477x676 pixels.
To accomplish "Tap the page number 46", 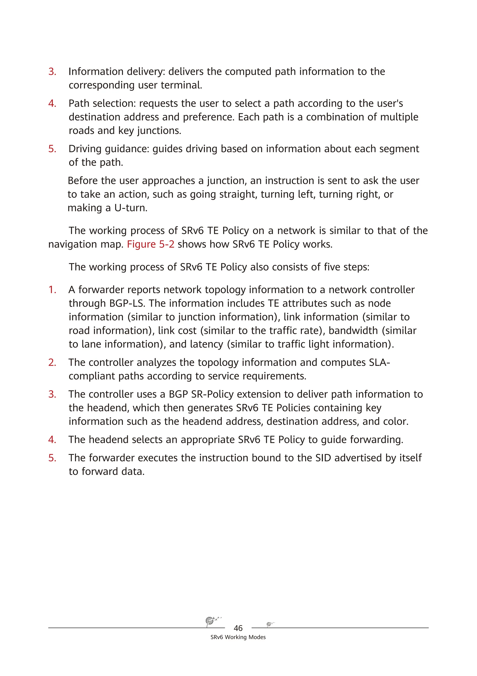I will [238, 628].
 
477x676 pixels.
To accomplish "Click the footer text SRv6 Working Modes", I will [238, 637].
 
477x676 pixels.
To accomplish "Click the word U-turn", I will [131, 208].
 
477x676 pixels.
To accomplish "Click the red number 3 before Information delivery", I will [52, 72].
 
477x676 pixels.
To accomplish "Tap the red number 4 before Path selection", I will [52, 103].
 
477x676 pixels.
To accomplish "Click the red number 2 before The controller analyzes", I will [52, 362].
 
